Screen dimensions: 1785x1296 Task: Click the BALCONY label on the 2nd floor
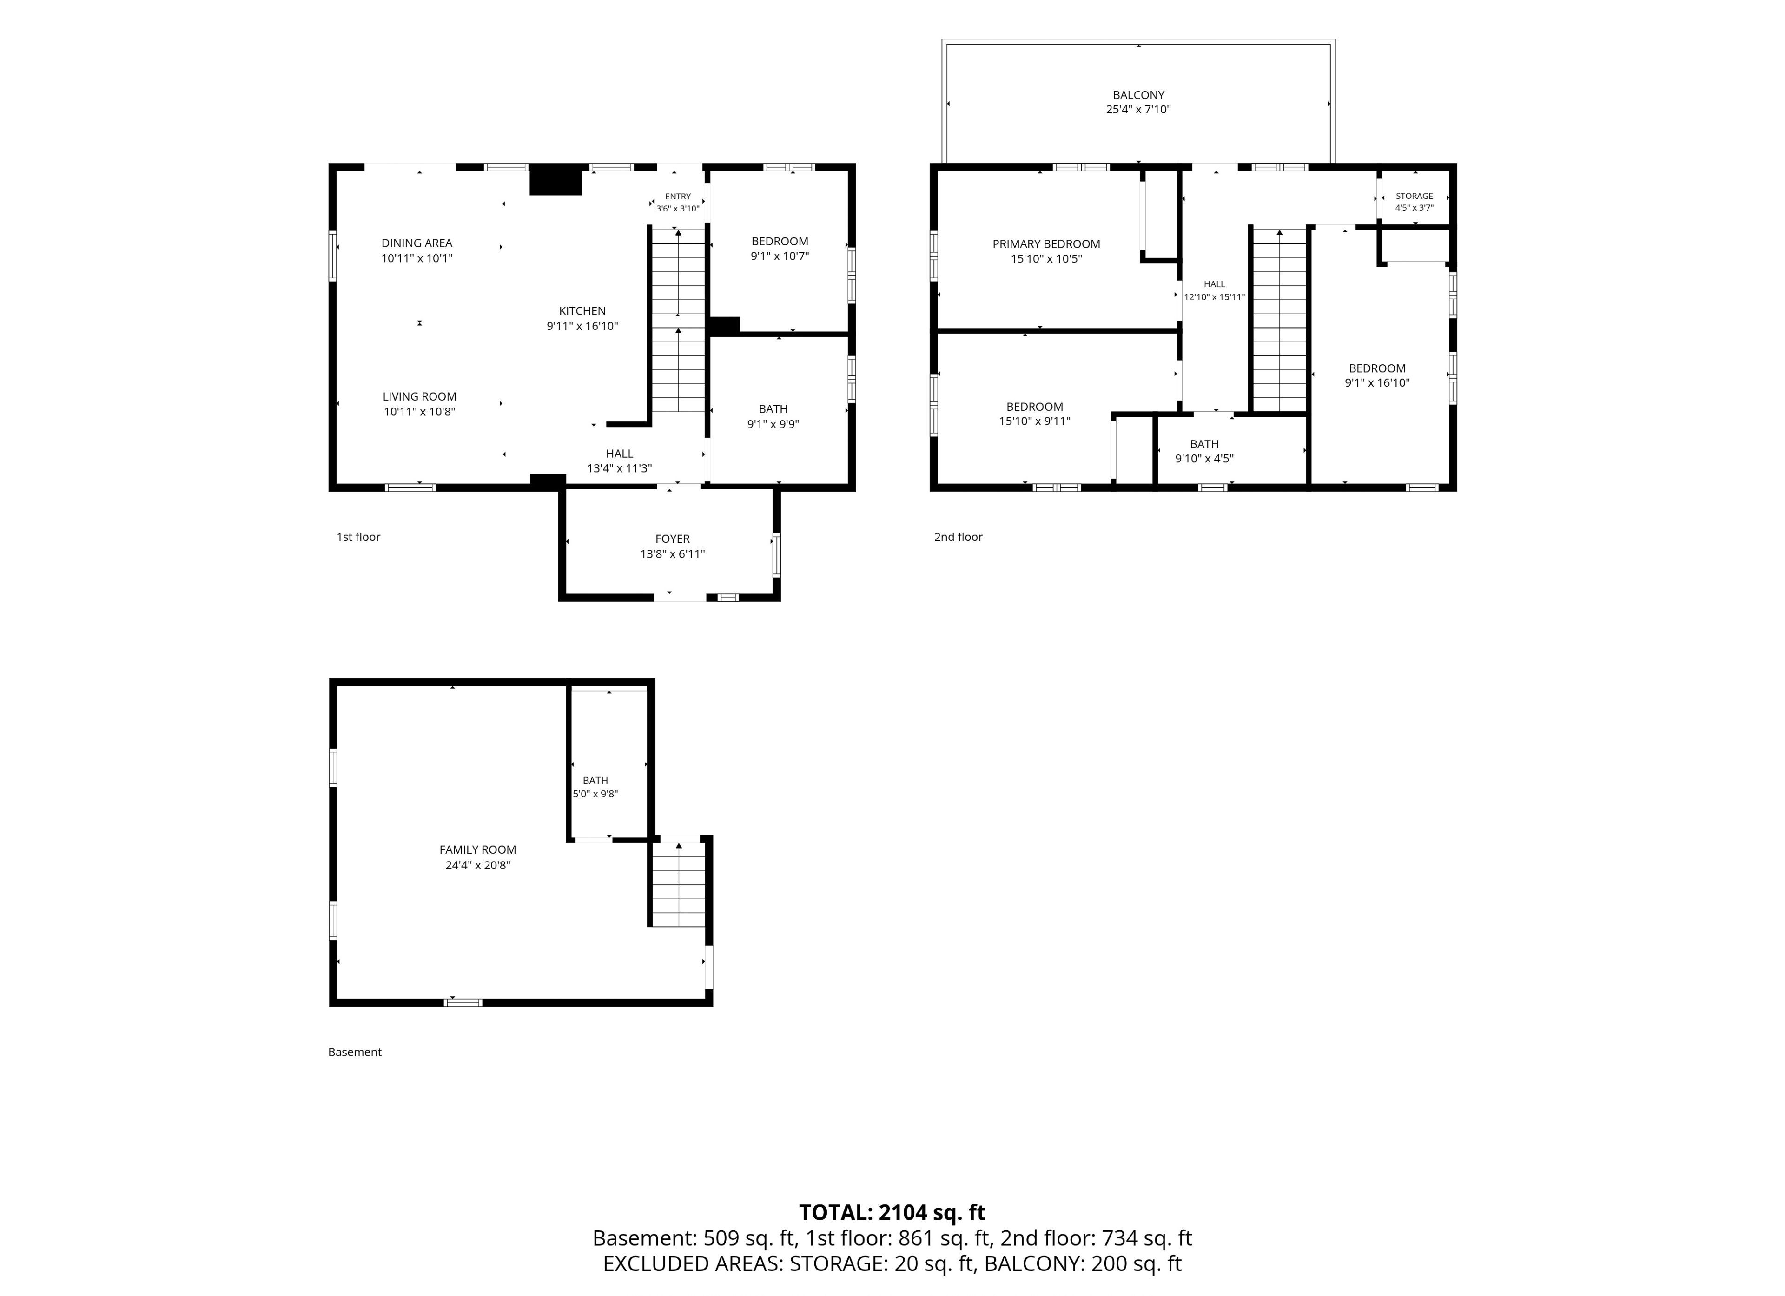pos(1138,95)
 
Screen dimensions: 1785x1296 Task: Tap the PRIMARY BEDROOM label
pos(1046,244)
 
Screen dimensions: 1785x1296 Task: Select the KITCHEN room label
pos(582,311)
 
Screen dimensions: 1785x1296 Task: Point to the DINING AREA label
pos(417,243)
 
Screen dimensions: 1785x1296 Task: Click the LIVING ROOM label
pos(419,396)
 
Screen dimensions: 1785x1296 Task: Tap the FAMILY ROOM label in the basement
pos(478,850)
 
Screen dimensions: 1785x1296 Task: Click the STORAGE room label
pos(1415,196)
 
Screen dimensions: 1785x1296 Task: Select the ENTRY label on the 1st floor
pos(678,197)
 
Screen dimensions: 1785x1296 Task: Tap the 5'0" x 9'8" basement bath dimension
pos(595,795)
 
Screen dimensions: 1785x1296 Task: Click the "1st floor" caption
pos(358,538)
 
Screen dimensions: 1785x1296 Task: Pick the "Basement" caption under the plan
pos(355,1052)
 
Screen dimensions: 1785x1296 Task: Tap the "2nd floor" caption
pos(958,538)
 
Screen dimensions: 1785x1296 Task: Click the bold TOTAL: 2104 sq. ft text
pos(892,1213)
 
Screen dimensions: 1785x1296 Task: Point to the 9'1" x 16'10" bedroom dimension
pos(1377,383)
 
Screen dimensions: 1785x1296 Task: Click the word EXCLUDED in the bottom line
pos(655,1264)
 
